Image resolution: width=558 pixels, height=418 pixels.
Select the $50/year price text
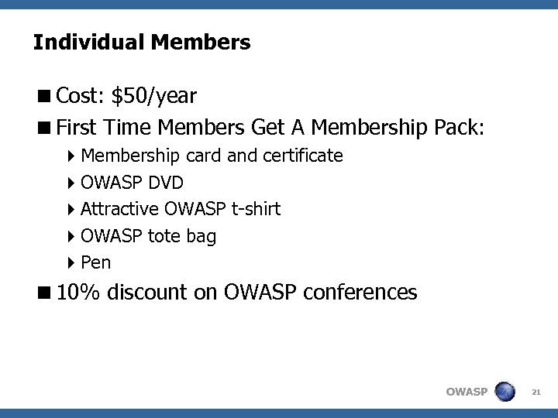pyautogui.click(x=153, y=96)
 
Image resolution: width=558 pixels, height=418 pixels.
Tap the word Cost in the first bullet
pyautogui.click(x=81, y=96)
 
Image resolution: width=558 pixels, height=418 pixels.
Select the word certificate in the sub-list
pyautogui.click(x=303, y=156)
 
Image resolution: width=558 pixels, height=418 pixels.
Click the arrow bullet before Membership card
pyautogui.click(x=72, y=156)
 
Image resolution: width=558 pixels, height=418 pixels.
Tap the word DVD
pyautogui.click(x=167, y=183)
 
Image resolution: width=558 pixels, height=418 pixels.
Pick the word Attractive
pyautogui.click(x=120, y=209)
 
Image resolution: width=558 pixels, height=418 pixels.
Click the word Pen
pyautogui.click(x=96, y=262)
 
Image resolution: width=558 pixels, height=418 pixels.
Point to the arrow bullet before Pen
pyautogui.click(x=72, y=262)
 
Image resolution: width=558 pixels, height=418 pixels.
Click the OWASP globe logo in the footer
pyautogui.click(x=505, y=391)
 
